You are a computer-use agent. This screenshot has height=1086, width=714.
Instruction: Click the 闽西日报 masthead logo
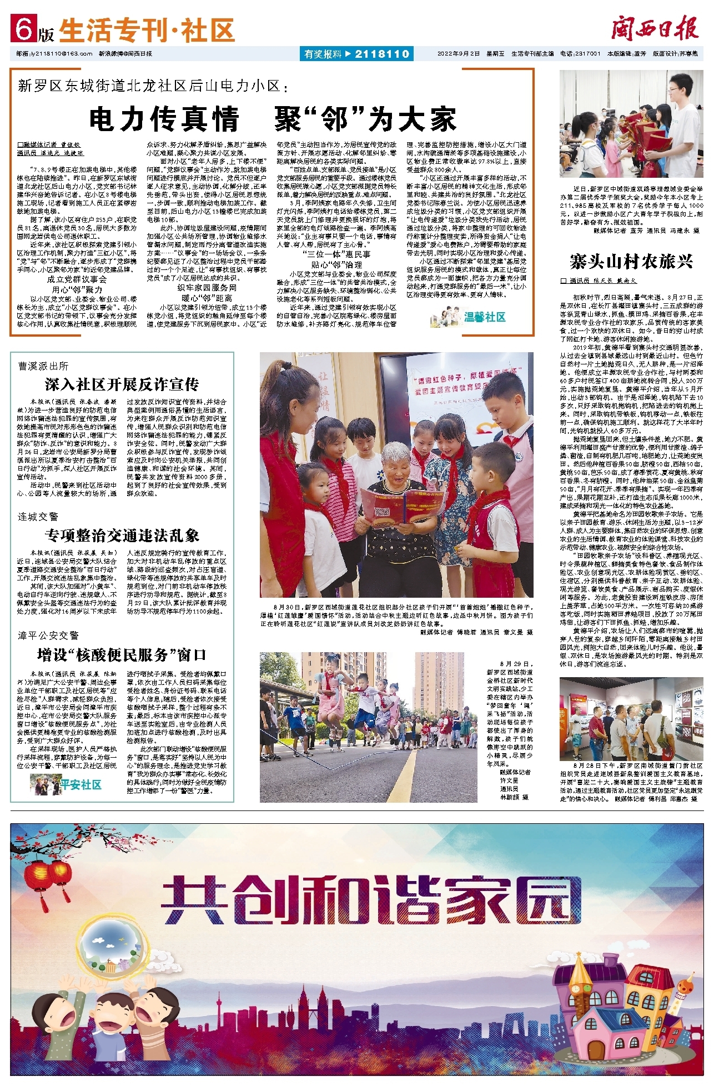coord(655,28)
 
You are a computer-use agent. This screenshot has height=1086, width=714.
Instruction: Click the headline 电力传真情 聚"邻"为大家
coord(272,118)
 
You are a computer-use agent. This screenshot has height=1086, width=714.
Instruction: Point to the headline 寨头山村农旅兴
coord(631,261)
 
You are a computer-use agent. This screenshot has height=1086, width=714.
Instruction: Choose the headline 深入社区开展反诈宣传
coord(122,384)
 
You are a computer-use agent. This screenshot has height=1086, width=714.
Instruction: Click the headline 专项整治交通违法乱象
coord(122,535)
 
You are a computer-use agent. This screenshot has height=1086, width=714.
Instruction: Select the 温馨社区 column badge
coord(470,317)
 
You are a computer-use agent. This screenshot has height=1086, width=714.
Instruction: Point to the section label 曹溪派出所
coord(43,366)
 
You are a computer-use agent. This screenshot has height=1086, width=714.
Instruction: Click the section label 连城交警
coord(38,517)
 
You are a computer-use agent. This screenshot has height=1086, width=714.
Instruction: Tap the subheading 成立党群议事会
coord(77,279)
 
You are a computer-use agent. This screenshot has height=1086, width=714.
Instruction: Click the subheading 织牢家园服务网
coord(207,288)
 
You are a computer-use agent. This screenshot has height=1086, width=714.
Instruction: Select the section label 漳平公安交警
coord(48,635)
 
